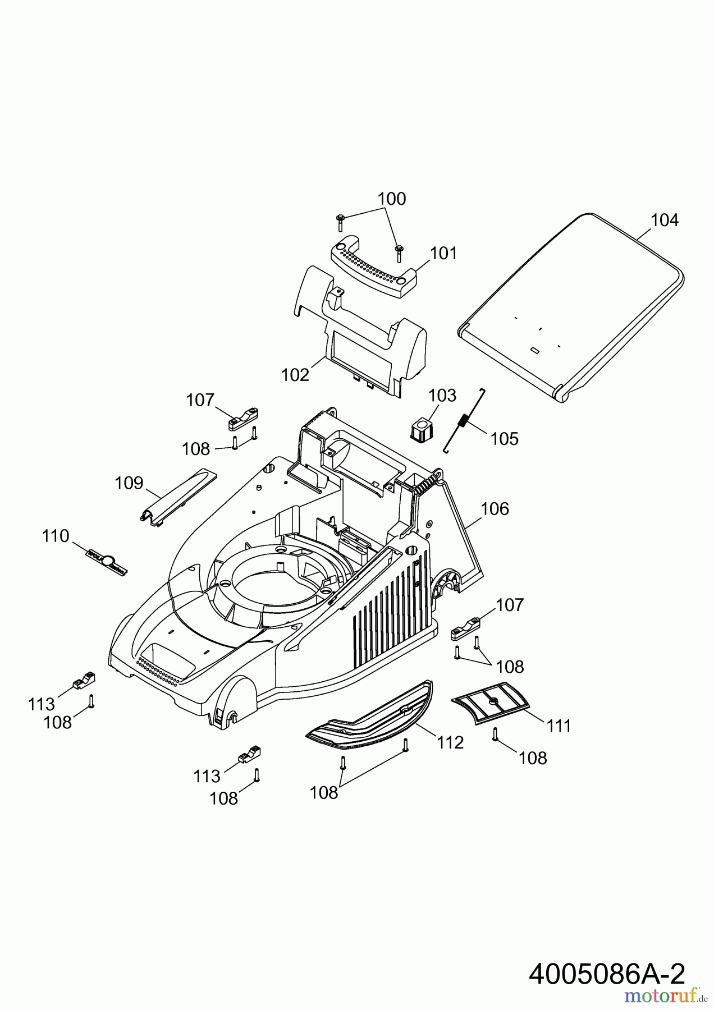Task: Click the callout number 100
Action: coord(392,199)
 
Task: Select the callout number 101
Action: coord(444,254)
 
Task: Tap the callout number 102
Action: coord(295,375)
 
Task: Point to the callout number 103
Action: coord(442,396)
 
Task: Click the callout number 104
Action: coord(665,221)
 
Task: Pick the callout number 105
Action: coord(504,438)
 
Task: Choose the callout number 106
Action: coord(495,509)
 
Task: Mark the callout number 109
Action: coord(129,483)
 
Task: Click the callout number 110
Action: coord(56,536)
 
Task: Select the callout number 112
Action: coord(451,743)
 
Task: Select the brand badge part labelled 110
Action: coord(107,561)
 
